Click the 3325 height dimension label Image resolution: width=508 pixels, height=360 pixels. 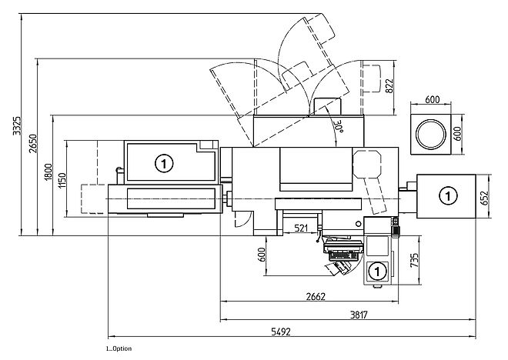(16, 125)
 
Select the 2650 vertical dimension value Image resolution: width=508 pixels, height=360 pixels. (33, 143)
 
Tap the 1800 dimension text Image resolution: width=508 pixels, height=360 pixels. (48, 172)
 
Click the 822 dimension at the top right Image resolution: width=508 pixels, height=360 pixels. (389, 86)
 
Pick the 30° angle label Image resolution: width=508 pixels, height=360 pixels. (339, 127)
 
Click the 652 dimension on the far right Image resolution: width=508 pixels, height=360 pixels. (485, 198)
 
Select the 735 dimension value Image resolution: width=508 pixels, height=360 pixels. (414, 260)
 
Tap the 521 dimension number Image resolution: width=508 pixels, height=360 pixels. (301, 228)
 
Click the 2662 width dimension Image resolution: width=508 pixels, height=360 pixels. (316, 296)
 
